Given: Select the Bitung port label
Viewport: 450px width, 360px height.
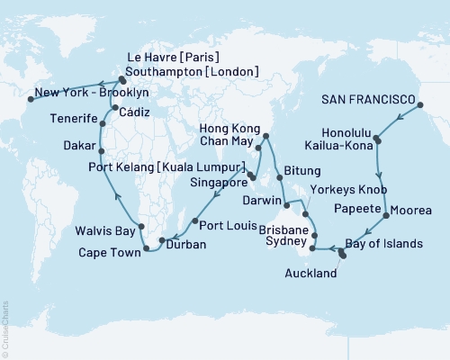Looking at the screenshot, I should click(301, 168).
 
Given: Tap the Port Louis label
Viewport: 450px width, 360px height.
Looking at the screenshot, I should click(223, 225).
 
